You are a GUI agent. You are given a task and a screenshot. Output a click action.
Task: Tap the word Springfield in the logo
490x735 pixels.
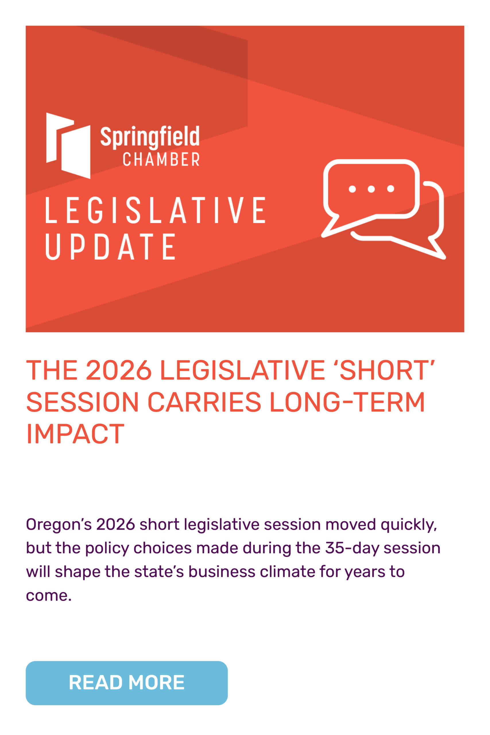150,137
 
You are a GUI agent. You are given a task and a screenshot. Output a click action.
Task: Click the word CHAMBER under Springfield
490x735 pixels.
161,159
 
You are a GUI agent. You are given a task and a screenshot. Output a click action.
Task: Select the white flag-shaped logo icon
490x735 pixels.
68,146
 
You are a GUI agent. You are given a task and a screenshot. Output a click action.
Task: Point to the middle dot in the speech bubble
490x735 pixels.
371,189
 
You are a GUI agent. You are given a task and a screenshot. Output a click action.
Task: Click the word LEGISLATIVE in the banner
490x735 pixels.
156,210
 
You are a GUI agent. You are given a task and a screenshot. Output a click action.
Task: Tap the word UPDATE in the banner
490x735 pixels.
110,246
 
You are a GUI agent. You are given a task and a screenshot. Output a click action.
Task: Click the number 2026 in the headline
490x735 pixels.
119,370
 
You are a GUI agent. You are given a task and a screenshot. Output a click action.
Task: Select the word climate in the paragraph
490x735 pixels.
288,572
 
